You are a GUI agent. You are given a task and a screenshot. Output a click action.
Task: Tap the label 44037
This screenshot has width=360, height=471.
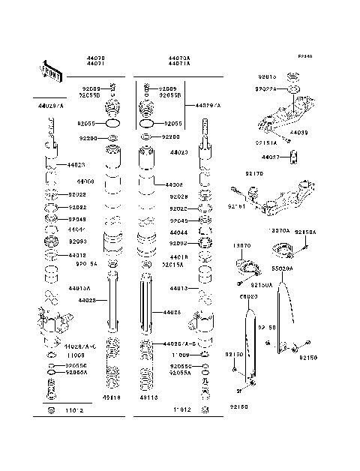click(x=271, y=157)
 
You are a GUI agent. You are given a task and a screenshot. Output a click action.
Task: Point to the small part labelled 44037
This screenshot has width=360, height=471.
click(x=294, y=156)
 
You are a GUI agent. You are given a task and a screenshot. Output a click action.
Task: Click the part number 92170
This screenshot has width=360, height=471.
click(x=255, y=174)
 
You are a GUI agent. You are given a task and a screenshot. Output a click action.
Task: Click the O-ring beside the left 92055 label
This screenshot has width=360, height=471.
click(x=112, y=122)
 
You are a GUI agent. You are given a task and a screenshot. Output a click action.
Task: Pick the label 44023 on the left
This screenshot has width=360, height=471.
click(x=76, y=163)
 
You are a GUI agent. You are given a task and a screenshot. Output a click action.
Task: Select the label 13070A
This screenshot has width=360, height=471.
click(x=279, y=231)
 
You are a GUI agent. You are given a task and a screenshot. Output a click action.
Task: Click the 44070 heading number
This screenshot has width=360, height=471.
click(x=97, y=57)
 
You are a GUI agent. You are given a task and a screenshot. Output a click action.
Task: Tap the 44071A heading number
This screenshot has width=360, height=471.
click(x=179, y=64)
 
